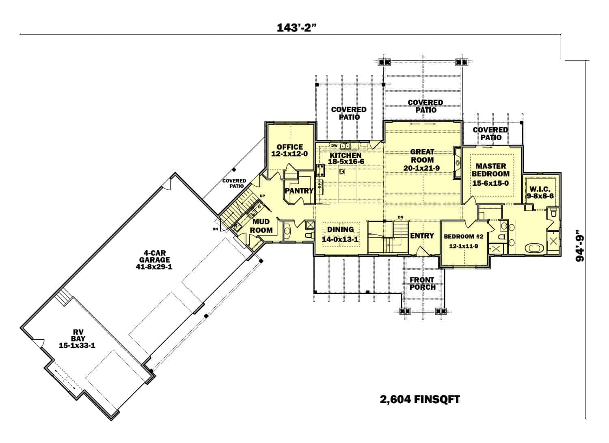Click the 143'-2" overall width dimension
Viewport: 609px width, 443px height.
coord(296,28)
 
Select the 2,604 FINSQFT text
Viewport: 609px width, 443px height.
coord(420,400)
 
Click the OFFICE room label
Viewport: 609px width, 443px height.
coord(289,147)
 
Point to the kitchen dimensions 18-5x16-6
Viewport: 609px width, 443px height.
coord(346,162)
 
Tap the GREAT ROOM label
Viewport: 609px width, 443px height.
coord(422,156)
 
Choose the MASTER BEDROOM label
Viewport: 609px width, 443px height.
coord(490,170)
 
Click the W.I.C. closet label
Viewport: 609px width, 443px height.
coord(540,189)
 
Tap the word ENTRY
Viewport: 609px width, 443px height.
coord(422,236)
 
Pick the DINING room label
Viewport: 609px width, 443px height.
coord(340,230)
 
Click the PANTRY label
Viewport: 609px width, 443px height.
coord(299,191)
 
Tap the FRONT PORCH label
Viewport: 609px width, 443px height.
coord(422,283)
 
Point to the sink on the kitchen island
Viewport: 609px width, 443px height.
coord(342,172)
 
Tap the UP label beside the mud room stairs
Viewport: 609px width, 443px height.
coord(262,196)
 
